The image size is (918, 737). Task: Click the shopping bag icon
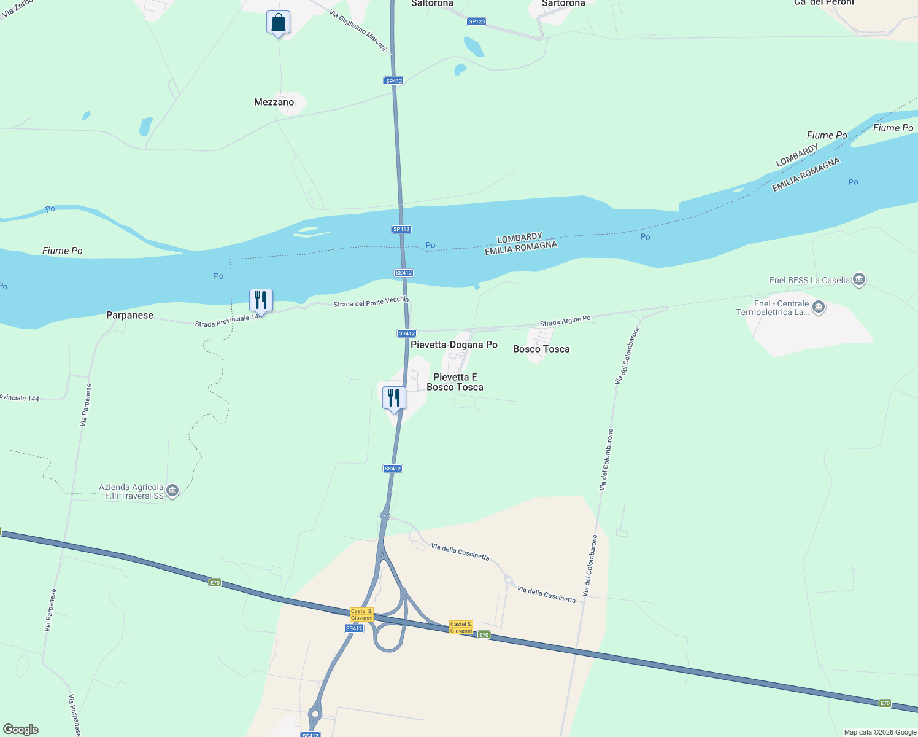coord(278,23)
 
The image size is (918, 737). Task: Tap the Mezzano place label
coord(274,102)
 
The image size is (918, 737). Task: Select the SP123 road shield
coord(476,21)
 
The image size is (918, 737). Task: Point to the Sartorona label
coord(563,4)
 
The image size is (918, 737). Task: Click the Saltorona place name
coord(432,4)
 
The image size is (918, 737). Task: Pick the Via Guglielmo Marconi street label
coord(358,30)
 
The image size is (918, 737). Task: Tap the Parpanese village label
coord(129,315)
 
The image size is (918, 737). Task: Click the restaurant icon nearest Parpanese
coord(261,300)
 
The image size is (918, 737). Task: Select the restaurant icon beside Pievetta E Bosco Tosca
coord(394,398)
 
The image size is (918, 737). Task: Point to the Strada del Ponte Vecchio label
coord(371,302)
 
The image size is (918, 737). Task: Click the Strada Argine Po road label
coord(565,321)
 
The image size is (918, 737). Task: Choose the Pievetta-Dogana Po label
coord(453,345)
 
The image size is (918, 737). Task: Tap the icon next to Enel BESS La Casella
coord(859,280)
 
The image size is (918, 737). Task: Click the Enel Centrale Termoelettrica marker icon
coord(818,308)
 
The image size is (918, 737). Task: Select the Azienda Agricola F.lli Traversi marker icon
coord(172,491)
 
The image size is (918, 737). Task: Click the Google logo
coord(21,730)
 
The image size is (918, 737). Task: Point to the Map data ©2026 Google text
coord(880,732)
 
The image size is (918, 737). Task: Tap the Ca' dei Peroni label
coord(823,3)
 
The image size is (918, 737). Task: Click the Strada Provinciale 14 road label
coord(226,321)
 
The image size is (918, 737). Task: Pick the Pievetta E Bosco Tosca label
coord(455,382)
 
